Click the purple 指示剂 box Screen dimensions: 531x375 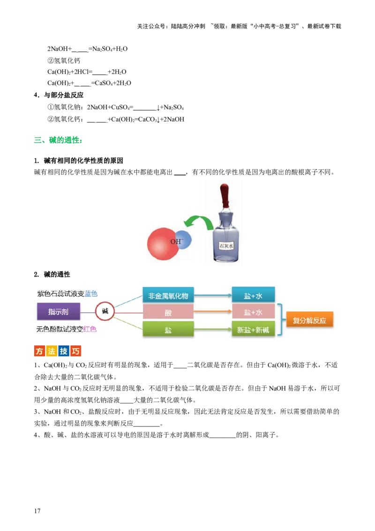tap(59, 311)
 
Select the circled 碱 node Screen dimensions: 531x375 tap(105, 311)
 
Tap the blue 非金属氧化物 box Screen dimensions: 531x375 tap(168, 296)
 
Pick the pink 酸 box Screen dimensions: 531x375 tap(168, 312)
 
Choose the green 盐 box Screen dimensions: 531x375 tap(168, 330)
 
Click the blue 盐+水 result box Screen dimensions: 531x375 tap(253, 296)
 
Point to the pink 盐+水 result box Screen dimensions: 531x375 tap(253, 312)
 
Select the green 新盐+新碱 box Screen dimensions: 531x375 tap(253, 330)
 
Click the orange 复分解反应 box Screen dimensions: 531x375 tap(310, 321)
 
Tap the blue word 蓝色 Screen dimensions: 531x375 tap(91, 294)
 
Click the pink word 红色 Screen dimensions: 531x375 tap(90, 329)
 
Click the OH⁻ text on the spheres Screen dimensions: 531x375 tap(176, 242)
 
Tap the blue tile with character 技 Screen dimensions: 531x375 tap(64, 351)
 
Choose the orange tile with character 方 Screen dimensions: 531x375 tap(40, 351)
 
